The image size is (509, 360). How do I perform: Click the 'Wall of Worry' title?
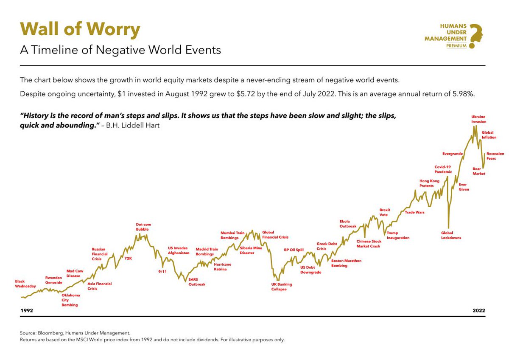80,29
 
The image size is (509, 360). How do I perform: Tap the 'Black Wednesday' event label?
25,284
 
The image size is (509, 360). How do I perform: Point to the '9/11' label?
162,271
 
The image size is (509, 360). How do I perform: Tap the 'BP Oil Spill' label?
294,250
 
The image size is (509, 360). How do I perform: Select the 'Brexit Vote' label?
384,212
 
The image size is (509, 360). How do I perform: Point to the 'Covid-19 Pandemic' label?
443,169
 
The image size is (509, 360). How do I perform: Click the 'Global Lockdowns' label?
451,235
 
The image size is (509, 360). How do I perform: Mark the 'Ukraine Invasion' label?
478,119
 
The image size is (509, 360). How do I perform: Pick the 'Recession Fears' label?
495,156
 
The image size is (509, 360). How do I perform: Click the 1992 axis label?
27,311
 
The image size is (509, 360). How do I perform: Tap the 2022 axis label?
479,311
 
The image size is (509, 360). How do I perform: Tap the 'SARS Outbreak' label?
196,282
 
